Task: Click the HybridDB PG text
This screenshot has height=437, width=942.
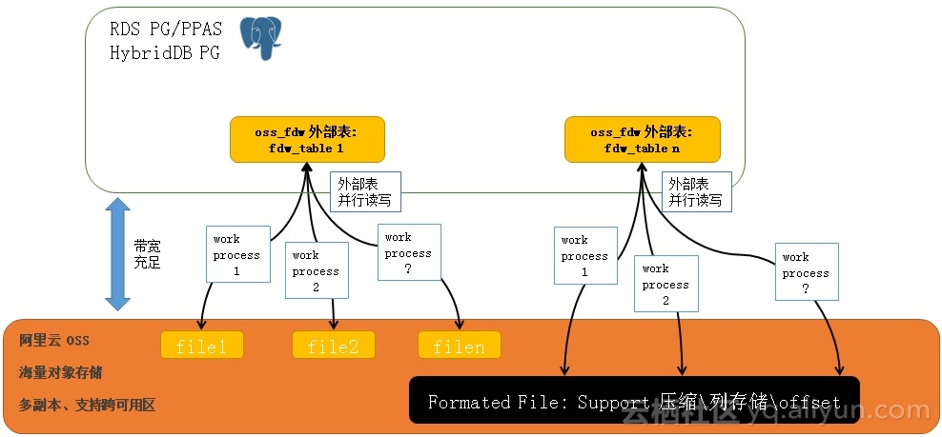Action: [x=164, y=53]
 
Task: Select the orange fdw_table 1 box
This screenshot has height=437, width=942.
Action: [x=306, y=140]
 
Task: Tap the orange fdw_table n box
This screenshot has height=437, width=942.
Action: [x=643, y=140]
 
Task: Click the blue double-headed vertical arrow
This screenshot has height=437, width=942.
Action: [x=116, y=253]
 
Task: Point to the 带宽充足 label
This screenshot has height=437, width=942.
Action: [x=147, y=254]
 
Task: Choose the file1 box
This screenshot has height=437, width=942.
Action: [x=201, y=346]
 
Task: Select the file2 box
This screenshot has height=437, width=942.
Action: [x=333, y=346]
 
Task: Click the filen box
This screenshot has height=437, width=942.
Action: [x=459, y=346]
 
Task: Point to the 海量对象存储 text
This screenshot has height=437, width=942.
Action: [x=61, y=372]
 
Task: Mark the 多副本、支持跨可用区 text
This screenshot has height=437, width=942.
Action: [x=87, y=405]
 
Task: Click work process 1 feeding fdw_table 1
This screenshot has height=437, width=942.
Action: [x=236, y=254]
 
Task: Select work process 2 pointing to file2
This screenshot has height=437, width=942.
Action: [x=316, y=270]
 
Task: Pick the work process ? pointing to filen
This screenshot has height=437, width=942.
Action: [x=408, y=252]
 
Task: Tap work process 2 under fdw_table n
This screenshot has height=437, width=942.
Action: [x=665, y=285]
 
